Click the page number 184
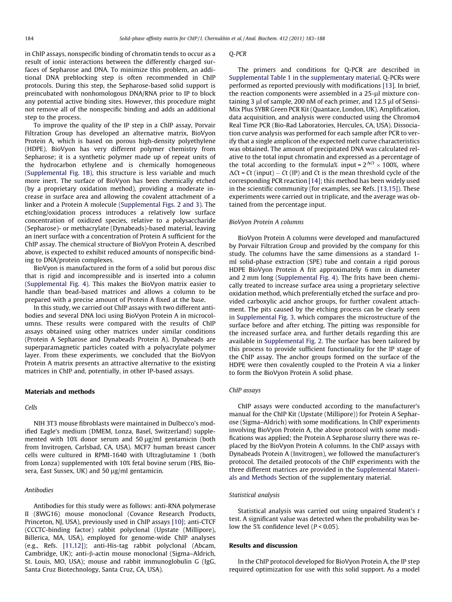[x=29, y=38]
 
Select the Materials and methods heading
[x=59, y=392]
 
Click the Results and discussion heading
[x=263, y=545]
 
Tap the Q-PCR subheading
[x=237, y=54]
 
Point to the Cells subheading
[x=31, y=407]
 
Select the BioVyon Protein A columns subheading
[x=266, y=222]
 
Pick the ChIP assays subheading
[x=245, y=390]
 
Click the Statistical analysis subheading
[x=254, y=495]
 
